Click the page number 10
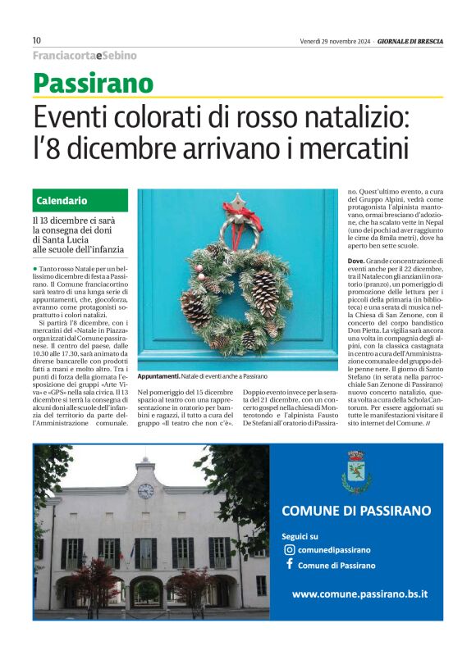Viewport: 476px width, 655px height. [37, 40]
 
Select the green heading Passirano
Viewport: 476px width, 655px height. [93, 83]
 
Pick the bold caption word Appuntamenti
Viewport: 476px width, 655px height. [158, 375]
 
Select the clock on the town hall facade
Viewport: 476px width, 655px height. [145, 491]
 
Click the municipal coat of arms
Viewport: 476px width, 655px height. [356, 471]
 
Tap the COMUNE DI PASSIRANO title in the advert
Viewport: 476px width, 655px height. [356, 511]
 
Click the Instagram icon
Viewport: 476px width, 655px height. [288, 550]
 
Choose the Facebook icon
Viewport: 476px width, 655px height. [288, 565]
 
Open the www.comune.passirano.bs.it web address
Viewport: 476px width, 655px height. [359, 594]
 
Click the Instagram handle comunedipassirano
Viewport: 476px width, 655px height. [334, 550]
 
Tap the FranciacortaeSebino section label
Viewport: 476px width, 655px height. [85, 56]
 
